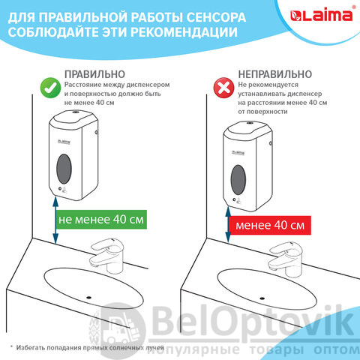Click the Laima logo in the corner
click(322, 15)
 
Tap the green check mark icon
click(50, 88)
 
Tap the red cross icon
click(223, 88)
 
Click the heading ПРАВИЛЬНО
click(94, 74)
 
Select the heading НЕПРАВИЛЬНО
click(275, 74)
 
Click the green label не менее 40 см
click(101, 220)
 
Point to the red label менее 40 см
click(270, 225)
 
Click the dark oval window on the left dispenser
click(64, 169)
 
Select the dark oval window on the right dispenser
click(238, 179)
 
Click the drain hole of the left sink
click(88, 298)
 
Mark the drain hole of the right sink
click(262, 298)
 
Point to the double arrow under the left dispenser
click(55, 220)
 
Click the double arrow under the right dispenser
click(228, 224)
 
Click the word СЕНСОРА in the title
click(216, 17)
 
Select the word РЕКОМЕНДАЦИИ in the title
click(184, 32)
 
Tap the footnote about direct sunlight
click(87, 348)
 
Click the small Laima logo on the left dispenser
click(64, 142)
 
